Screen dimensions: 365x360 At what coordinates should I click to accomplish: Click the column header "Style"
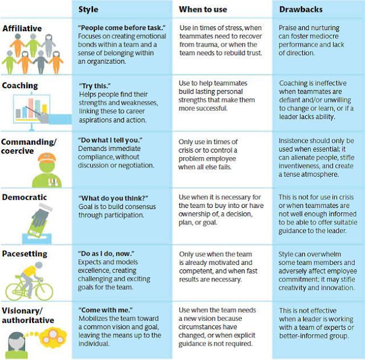(89, 9)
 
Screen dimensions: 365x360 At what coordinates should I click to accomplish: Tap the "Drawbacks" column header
(300, 9)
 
